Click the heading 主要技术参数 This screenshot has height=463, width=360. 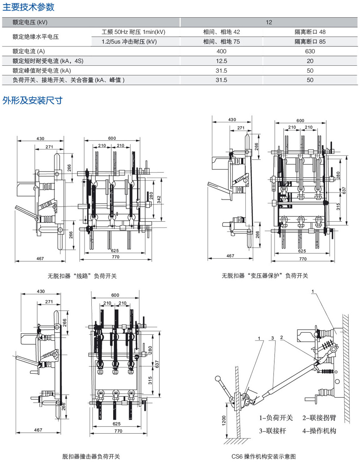[29, 7]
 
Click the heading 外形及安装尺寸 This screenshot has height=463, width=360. [33, 100]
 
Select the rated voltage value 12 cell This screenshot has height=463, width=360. [269, 22]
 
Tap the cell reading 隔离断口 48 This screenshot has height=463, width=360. [310, 32]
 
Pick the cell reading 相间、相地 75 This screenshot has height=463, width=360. [221, 42]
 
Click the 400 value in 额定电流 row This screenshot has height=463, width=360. [221, 51]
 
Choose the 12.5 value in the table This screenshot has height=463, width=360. [221, 61]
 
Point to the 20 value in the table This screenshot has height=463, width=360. [310, 61]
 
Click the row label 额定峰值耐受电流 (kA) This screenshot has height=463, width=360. [42, 71]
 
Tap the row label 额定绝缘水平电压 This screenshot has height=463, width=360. [35, 37]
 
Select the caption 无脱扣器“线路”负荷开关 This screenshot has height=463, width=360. [82, 276]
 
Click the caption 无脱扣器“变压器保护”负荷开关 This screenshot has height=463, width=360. [265, 276]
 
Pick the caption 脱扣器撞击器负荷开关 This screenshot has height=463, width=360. [91, 456]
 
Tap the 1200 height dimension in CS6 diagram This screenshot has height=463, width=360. [224, 420]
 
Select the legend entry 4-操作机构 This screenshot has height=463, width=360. [319, 430]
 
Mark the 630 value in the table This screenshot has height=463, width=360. [310, 51]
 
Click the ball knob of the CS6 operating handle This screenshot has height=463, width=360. [218, 378]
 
